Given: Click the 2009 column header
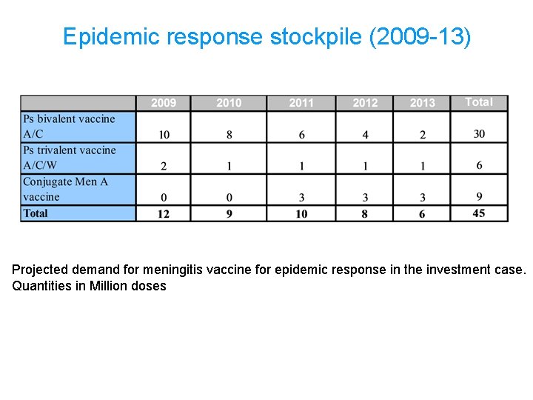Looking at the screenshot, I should point(164,103).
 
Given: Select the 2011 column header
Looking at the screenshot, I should point(301,103).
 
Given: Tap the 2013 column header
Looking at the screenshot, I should point(423,103).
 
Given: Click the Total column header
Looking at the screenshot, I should point(479,102).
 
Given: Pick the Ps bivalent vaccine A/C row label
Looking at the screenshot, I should point(69,127).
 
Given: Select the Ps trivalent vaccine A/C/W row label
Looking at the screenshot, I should point(70,158).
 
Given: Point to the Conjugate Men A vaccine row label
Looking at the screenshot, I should point(65,189).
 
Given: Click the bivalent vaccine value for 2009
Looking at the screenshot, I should point(164,135).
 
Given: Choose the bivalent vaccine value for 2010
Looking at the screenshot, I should point(229,135).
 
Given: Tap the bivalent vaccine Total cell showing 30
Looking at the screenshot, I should point(479,134).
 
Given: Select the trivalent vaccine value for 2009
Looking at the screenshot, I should point(164,166).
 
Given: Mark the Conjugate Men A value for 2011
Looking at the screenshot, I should point(301,197).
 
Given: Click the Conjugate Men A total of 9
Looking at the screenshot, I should point(479,196).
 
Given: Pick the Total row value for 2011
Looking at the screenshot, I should point(301,213).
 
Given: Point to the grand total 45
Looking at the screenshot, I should point(479,213).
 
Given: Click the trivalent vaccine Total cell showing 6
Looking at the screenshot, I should point(479,165).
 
